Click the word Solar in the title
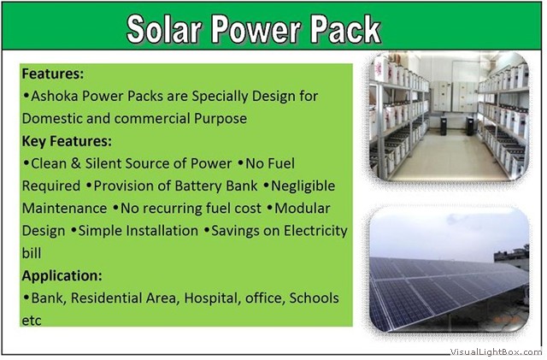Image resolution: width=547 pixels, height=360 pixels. pyautogui.click(x=164, y=29)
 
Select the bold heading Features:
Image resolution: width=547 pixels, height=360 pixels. pyautogui.click(x=53, y=74)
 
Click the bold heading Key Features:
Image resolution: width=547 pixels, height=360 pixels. pyautogui.click(x=67, y=141)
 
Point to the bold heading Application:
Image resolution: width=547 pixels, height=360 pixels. pyautogui.click(x=62, y=276)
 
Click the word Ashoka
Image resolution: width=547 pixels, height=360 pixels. pyautogui.click(x=55, y=96)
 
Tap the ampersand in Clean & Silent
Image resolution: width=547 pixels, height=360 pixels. pyautogui.click(x=76, y=163)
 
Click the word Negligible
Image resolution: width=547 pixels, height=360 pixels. pyautogui.click(x=303, y=186)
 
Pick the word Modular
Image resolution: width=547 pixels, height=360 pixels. pyautogui.click(x=302, y=209)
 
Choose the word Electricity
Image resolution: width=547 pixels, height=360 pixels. pyautogui.click(x=315, y=231)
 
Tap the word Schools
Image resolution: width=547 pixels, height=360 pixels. pyautogui.click(x=314, y=298)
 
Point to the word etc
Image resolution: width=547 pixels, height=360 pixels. pyautogui.click(x=32, y=321)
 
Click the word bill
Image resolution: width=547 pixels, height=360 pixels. pyautogui.click(x=32, y=253)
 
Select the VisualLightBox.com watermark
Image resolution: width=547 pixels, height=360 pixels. pyautogui.click(x=496, y=351)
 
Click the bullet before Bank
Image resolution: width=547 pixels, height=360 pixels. pyautogui.click(x=26, y=298)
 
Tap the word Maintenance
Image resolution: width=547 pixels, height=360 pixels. pyautogui.click(x=64, y=209)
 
